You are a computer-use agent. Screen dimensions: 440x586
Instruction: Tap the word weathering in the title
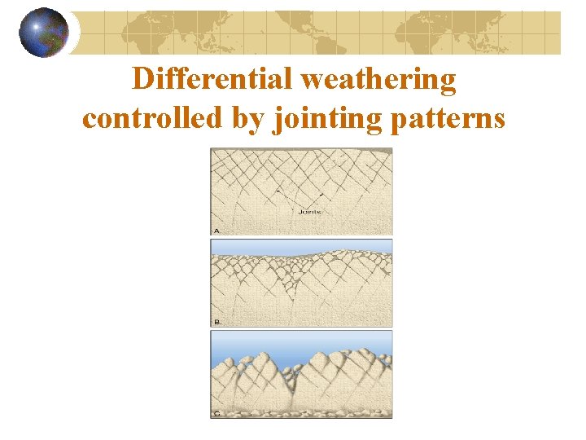click(x=378, y=80)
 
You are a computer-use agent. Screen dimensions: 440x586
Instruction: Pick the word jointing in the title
click(x=320, y=118)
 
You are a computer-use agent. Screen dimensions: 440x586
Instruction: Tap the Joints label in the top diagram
click(x=309, y=212)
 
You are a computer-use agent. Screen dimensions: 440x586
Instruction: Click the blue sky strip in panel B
click(x=301, y=245)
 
